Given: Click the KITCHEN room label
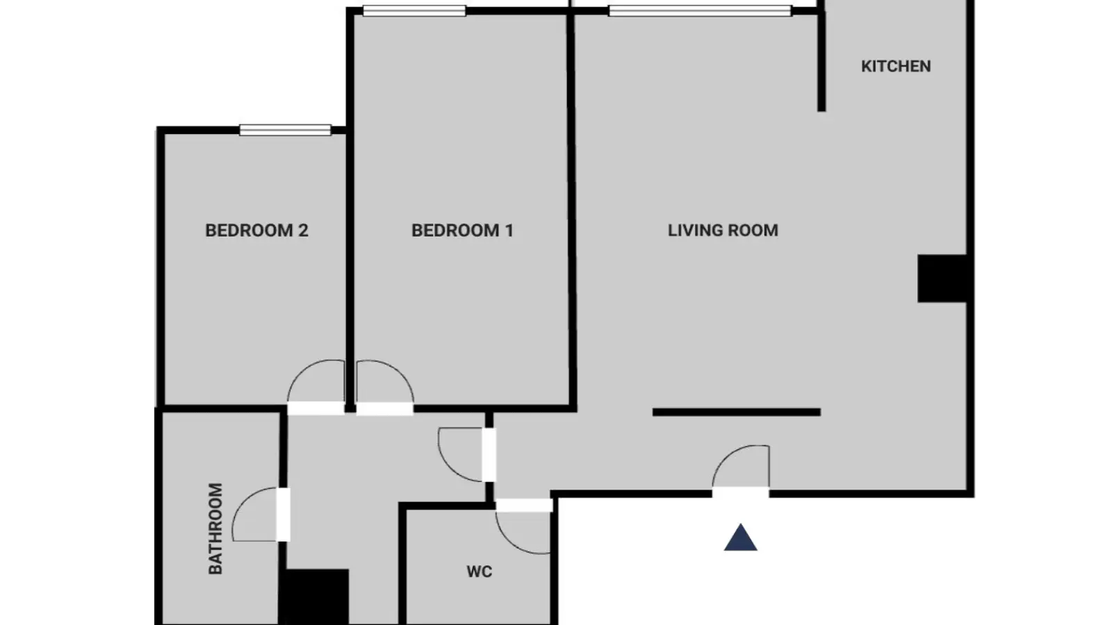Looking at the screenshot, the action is [x=896, y=66].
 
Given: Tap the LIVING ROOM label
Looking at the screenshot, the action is [x=723, y=230].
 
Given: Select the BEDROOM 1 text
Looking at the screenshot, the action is [x=462, y=230].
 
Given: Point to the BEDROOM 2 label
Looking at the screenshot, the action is [x=256, y=230].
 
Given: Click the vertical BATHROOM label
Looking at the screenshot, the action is [x=215, y=528].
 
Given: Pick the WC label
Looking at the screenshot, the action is [x=479, y=572].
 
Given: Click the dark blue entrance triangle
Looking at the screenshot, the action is [x=740, y=537].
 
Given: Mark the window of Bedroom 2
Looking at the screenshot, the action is [x=285, y=130].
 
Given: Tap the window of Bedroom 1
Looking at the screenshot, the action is [x=414, y=10].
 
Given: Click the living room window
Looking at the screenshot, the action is [x=700, y=10].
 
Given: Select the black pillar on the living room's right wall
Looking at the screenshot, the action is [x=942, y=278].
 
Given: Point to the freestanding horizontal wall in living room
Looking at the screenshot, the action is [x=736, y=412].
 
